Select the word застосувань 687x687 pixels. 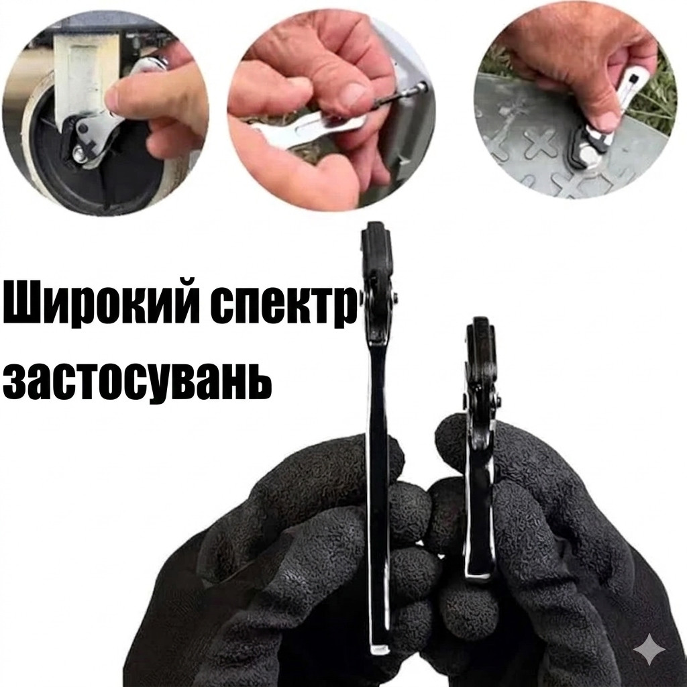click(137, 379)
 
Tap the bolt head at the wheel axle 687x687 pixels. click(79, 154)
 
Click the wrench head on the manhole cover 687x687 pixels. click(590, 145)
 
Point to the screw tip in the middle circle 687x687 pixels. click(421, 87)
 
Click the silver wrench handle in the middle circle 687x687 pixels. click(307, 130)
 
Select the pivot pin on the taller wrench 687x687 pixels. click(396, 297)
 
